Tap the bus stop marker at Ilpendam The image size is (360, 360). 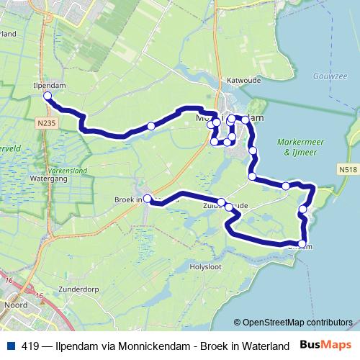pos(48,96)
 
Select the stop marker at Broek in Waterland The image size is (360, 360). pos(148,199)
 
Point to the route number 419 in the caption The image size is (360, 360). pos(31,346)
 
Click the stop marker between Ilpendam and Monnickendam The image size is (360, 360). pos(151,127)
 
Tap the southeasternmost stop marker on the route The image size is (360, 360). pos(302,243)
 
